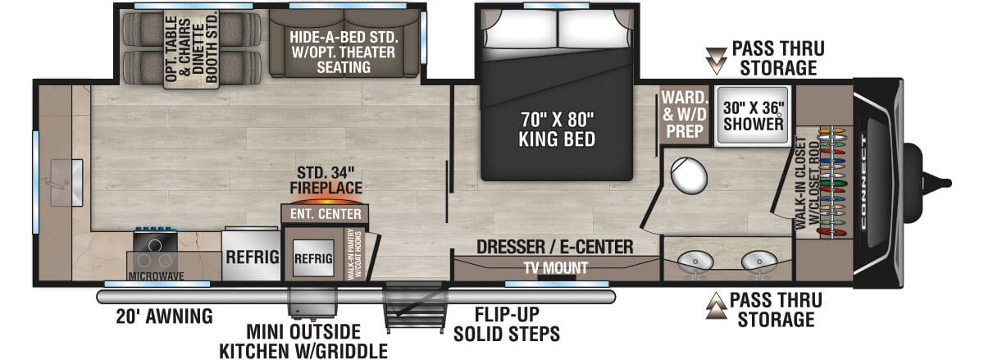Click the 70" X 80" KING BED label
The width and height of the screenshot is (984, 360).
click(557, 129)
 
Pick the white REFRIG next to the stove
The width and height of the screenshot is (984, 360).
click(250, 255)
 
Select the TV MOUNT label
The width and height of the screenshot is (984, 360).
click(556, 267)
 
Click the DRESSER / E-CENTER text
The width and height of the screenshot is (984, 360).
click(556, 247)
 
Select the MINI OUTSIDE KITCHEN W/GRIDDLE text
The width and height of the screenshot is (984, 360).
click(303, 342)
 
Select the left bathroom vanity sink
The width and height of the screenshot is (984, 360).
click(695, 260)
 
